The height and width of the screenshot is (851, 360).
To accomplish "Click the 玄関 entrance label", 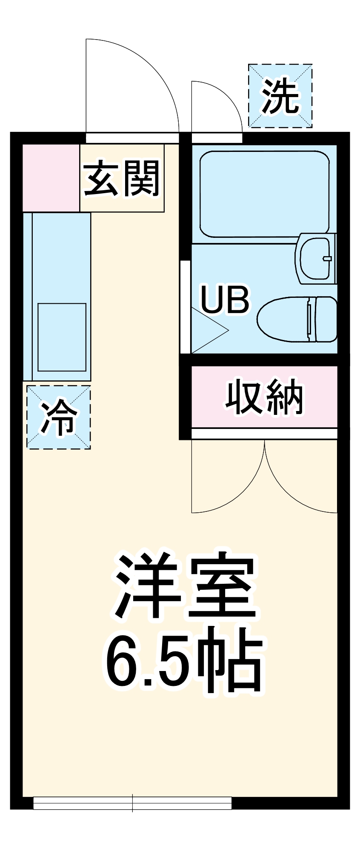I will (122, 179).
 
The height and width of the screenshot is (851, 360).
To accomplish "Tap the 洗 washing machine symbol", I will (280, 96).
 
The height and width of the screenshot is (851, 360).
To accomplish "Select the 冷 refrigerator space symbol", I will (59, 417).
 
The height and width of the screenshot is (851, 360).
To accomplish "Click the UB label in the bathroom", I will (225, 300).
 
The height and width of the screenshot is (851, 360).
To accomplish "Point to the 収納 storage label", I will (264, 397).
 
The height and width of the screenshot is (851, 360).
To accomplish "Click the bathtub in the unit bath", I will (264, 194).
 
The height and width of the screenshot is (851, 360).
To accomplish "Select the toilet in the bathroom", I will (289, 319).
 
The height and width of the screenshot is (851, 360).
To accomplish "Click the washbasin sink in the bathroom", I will (315, 258).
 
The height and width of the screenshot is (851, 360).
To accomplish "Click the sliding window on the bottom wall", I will (132, 803).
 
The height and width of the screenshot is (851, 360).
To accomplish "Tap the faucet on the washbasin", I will (327, 258).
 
